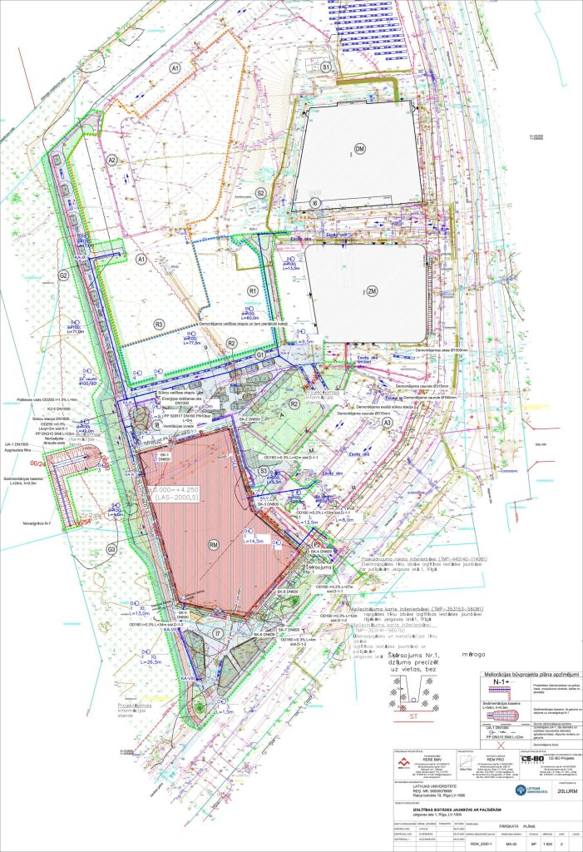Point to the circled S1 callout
(327, 67)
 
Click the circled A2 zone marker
(112, 160)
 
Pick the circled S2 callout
(260, 192)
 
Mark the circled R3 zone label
(158, 324)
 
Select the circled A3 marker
(387, 423)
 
